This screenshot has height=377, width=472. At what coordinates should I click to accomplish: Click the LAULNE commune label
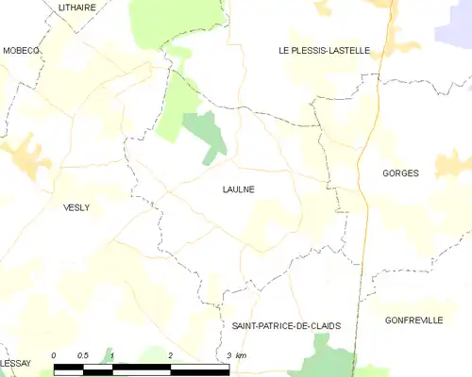238,189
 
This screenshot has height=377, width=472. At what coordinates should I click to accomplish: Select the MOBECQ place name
21,51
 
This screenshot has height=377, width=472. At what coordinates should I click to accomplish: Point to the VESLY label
76,207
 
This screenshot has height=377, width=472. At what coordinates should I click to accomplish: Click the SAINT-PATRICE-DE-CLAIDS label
286,325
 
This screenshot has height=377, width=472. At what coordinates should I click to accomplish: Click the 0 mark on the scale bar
54,355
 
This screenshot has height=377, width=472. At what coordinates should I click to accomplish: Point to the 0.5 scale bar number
82,355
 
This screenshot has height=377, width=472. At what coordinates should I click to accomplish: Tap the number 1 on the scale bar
112,355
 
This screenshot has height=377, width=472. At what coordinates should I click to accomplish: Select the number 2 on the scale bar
171,355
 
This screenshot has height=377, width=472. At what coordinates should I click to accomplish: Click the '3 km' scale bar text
236,355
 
